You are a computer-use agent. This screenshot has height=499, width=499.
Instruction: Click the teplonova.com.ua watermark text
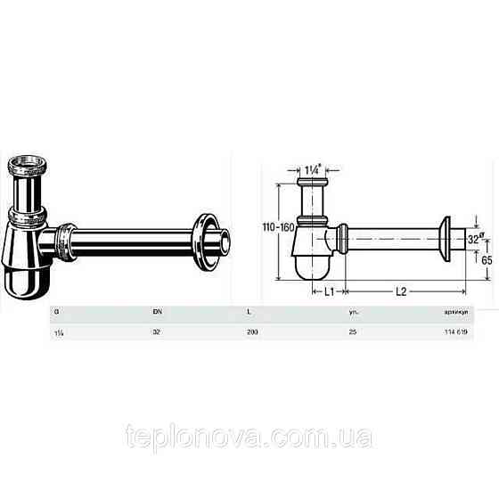click(x=250, y=438)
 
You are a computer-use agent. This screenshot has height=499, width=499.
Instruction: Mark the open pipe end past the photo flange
click(x=231, y=241)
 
